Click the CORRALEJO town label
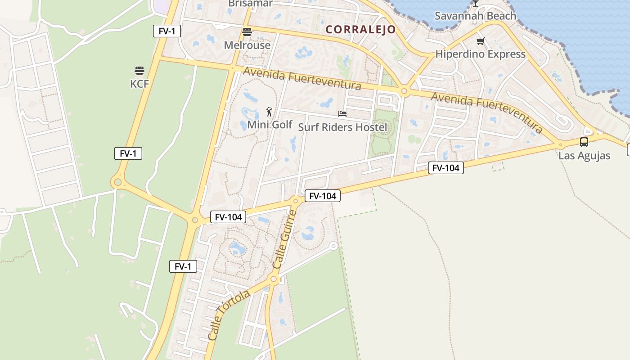tap(360, 30)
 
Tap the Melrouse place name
tap(247, 45)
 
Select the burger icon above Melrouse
tap(247, 32)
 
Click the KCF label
tap(139, 84)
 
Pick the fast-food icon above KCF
tap(139, 71)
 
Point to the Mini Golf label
tap(270, 125)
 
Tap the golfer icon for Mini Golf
tap(269, 112)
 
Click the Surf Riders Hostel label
tap(342, 127)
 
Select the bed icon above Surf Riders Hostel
tap(342, 114)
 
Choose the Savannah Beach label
tap(475, 16)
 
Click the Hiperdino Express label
tap(480, 54)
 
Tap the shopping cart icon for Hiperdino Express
tap(480, 41)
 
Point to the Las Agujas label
tap(584, 156)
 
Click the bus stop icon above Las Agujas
tap(584, 142)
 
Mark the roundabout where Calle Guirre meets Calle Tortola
tap(274, 279)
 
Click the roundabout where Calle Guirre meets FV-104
tap(296, 201)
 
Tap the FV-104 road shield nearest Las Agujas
tap(445, 168)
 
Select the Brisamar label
tap(250, 4)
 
